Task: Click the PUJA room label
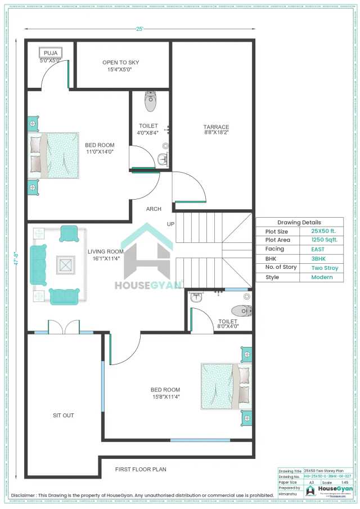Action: tap(51, 53)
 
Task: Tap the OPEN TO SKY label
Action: tap(120, 62)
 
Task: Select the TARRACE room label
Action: tap(216, 127)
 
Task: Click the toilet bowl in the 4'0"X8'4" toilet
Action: tap(151, 102)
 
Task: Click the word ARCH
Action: tap(154, 209)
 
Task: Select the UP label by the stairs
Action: tap(170, 224)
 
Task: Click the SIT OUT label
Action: tap(64, 416)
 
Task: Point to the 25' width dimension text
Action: tap(139, 29)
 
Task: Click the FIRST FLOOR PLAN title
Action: tap(141, 469)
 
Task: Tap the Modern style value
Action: tap(322, 277)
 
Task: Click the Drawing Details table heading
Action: tap(299, 223)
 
